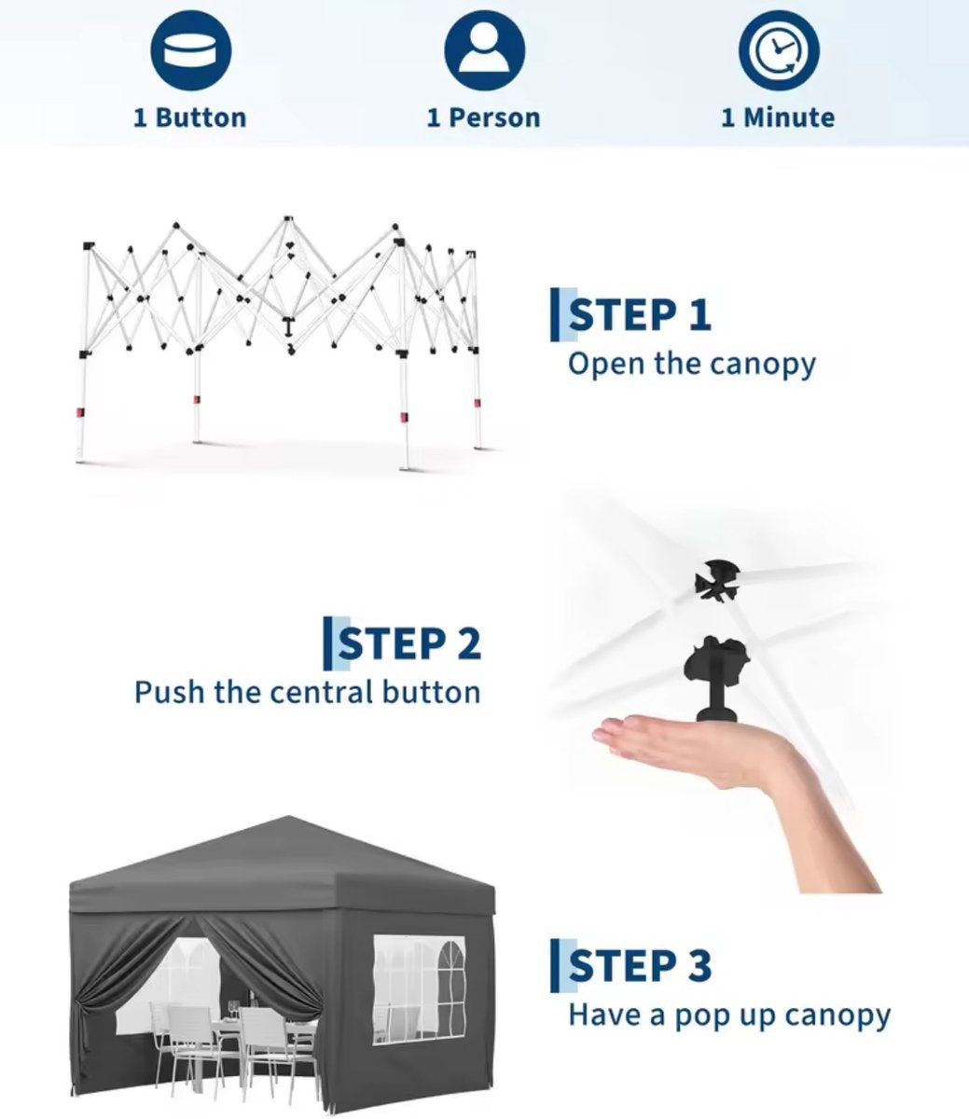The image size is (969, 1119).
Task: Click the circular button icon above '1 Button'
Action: pos(191,50)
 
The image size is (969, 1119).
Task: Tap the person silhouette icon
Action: pos(485,50)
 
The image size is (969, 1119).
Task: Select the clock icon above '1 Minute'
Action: pos(779,50)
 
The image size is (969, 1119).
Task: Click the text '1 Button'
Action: pos(190,118)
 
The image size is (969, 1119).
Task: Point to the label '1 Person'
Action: pos(484,118)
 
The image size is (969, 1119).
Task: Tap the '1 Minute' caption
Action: pos(778,118)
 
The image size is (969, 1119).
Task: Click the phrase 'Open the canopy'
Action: pos(691,365)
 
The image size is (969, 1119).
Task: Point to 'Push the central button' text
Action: pos(308,692)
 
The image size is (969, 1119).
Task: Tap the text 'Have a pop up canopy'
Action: pos(728,1015)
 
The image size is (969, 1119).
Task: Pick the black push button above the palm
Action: pos(715,677)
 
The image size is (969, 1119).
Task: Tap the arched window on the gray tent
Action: pos(451,987)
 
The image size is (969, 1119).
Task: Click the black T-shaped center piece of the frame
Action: pos(288,326)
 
